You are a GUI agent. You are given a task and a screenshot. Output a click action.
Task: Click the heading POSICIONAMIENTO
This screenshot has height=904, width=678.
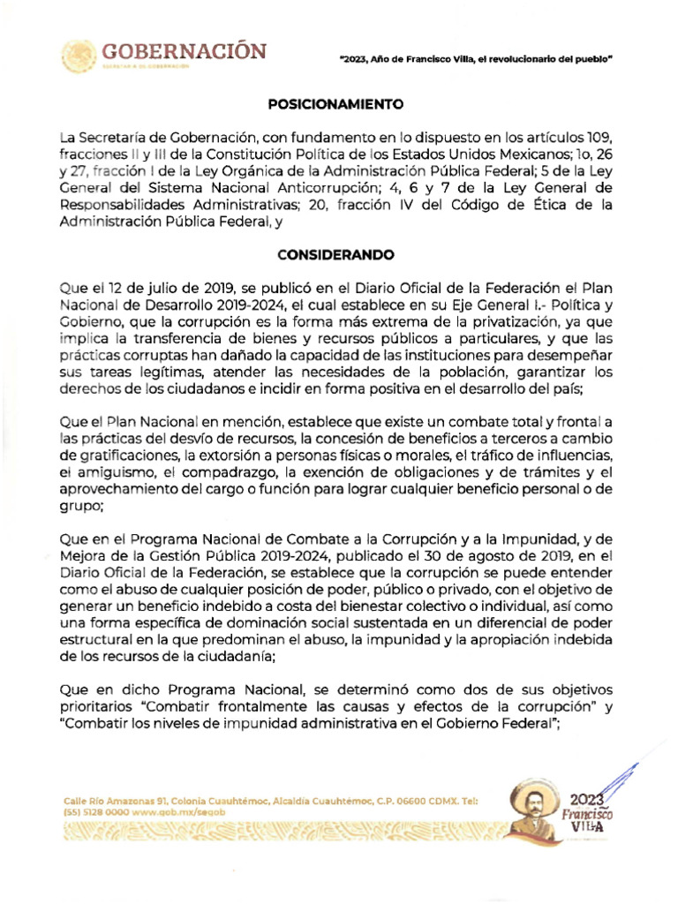tap(335, 103)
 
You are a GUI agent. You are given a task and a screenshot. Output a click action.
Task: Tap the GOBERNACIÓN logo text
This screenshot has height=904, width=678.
tap(185, 50)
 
